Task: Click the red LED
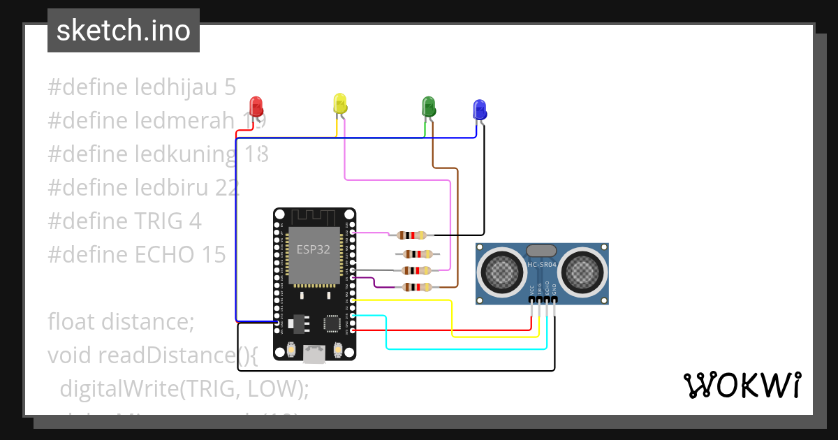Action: coord(256,107)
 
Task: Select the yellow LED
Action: coord(339,104)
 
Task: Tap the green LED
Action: coord(428,106)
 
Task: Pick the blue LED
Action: coord(479,110)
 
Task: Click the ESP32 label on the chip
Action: coord(313,250)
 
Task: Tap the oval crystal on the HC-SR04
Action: coord(541,250)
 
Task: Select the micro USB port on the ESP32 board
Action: coord(314,355)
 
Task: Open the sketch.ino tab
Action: coord(124,31)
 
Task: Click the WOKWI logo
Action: coord(742,385)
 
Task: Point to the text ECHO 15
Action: coord(181,255)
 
